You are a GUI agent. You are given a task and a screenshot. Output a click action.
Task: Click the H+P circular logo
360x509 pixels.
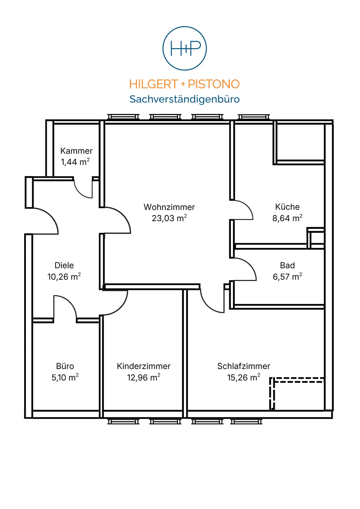[184, 48]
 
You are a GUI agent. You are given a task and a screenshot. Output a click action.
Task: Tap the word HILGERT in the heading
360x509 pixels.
[153, 84]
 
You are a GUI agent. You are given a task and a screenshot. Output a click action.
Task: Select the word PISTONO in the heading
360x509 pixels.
[214, 84]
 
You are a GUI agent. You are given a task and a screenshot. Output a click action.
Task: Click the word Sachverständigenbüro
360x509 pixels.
[184, 99]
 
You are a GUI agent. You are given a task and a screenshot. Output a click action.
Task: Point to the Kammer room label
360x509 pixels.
[76, 151]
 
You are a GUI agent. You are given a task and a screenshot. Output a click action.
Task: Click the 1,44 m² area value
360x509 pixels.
[75, 162]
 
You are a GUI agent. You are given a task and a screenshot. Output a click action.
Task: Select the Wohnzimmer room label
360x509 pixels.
[169, 207]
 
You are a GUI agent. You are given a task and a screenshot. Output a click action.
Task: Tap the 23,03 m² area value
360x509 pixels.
[169, 218]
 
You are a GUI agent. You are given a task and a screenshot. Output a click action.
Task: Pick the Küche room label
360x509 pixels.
[287, 207]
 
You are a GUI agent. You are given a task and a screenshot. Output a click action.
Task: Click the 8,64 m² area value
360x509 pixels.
[287, 218]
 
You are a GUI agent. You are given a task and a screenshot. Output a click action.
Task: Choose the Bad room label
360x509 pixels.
[287, 265]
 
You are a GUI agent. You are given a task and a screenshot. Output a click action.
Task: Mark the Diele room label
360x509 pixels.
[64, 265]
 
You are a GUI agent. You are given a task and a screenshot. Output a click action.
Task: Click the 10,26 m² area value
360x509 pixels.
[64, 277]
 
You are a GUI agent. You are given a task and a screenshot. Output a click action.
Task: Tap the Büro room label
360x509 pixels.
[65, 366]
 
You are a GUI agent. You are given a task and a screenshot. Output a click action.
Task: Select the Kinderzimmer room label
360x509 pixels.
[144, 366]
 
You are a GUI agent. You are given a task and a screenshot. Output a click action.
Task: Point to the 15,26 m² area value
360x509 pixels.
[244, 377]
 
